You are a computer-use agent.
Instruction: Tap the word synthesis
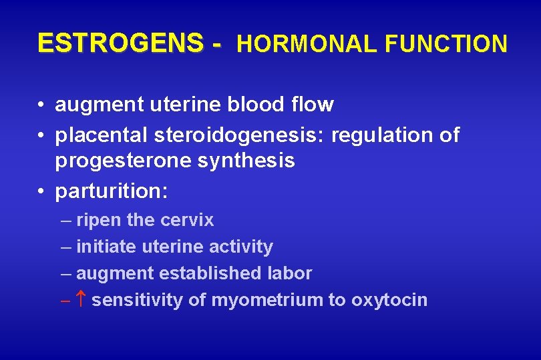[247, 161]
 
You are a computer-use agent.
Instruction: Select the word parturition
[108, 192]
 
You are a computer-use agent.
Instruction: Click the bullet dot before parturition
[41, 192]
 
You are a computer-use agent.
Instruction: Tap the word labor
[289, 273]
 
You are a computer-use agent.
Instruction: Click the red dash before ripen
[65, 220]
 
